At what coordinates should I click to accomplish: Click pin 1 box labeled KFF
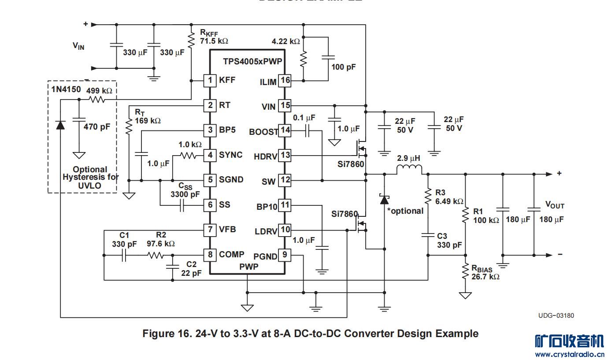210,80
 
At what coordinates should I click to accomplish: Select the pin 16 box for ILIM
285,80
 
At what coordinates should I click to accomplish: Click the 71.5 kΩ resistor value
214,41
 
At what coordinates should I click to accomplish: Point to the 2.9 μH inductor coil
409,170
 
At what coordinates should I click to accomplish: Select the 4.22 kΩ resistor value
285,41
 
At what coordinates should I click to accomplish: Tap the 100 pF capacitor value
344,67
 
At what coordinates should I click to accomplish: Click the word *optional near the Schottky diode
405,211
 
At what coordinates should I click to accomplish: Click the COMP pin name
231,254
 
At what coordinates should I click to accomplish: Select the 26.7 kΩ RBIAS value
485,277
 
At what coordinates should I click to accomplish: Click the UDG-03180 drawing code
556,315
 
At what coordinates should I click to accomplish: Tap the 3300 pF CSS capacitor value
185,194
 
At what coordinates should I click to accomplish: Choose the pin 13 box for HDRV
285,155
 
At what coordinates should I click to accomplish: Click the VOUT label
555,205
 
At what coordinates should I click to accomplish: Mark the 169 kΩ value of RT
148,120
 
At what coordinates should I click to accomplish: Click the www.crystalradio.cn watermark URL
569,354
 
